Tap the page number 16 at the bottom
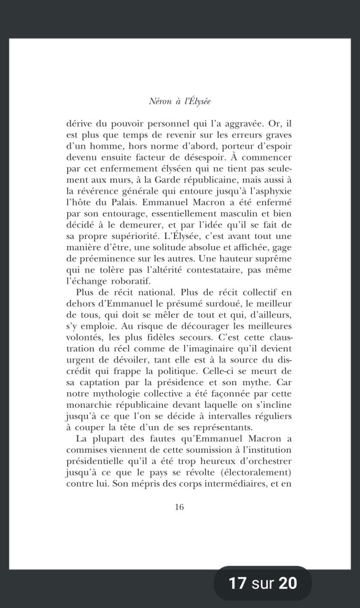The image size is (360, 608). (x=180, y=507)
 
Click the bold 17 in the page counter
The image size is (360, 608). (x=238, y=583)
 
